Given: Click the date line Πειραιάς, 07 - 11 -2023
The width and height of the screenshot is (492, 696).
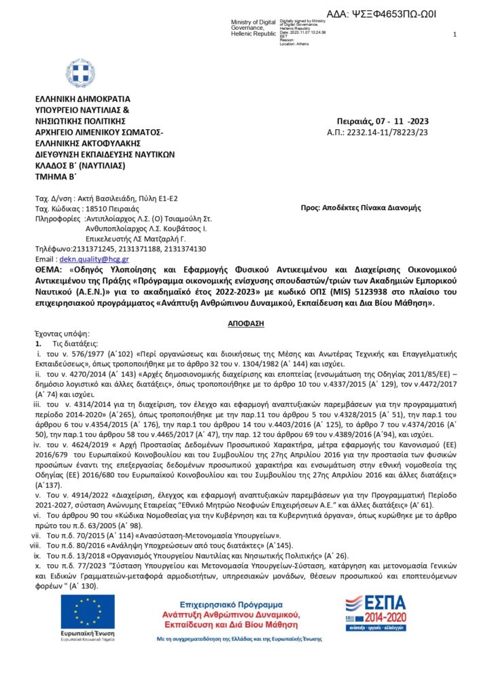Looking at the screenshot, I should (387, 122).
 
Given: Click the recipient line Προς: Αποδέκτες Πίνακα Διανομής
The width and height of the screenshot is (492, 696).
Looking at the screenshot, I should (361, 207).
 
